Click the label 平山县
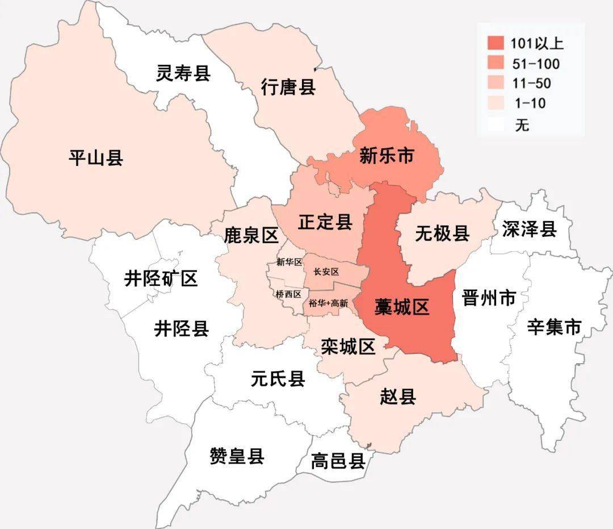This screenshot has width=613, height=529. [x=96, y=157]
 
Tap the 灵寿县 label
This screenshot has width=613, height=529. [x=183, y=73]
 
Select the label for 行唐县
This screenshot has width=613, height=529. [x=288, y=88]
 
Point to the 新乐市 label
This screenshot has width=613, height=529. [x=387, y=156]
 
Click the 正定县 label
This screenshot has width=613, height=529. [x=325, y=222]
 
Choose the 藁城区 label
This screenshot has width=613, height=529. [x=402, y=307]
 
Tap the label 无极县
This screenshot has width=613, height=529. [x=442, y=233]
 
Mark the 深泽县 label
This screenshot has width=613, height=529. [x=529, y=229]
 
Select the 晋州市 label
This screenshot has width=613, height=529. [x=489, y=298]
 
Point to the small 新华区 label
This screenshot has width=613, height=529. [x=289, y=262]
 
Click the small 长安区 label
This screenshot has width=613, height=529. [x=326, y=272]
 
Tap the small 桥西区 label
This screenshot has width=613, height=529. [x=288, y=294]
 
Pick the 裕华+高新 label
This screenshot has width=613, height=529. [x=328, y=303]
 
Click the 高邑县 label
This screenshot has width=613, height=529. [x=338, y=461]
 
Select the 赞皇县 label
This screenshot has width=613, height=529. [x=237, y=456]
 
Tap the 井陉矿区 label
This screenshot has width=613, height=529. [x=161, y=279]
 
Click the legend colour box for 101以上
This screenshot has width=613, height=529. [x=496, y=43]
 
